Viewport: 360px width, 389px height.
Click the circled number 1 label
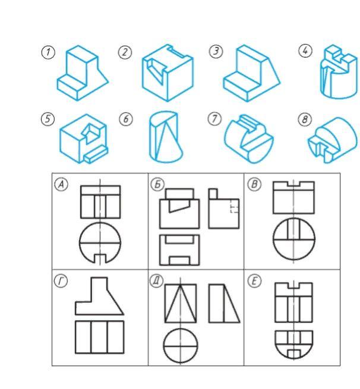[x=48, y=52]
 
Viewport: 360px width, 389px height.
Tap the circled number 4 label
[x=305, y=50]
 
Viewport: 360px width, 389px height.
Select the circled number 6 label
[x=126, y=119]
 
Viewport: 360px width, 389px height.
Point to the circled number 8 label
[x=305, y=119]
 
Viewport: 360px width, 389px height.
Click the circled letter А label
[x=61, y=184]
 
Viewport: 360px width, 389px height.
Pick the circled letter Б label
[x=157, y=184]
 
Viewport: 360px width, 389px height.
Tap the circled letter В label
[x=254, y=184]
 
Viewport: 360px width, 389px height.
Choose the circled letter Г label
[x=61, y=281]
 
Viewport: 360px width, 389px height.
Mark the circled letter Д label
[x=157, y=281]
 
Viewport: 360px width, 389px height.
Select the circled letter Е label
[x=255, y=281]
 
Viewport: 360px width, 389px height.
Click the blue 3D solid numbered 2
[x=168, y=72]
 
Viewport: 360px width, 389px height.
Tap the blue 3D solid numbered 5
[x=84, y=139]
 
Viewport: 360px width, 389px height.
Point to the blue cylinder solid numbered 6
[x=166, y=137]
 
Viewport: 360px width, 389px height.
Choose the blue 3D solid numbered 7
[x=249, y=138]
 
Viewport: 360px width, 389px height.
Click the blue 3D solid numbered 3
[x=251, y=73]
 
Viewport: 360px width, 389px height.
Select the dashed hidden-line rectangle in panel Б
[x=235, y=206]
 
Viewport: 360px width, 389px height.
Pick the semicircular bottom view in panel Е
[x=293, y=344]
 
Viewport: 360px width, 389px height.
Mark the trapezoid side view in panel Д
[x=225, y=303]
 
